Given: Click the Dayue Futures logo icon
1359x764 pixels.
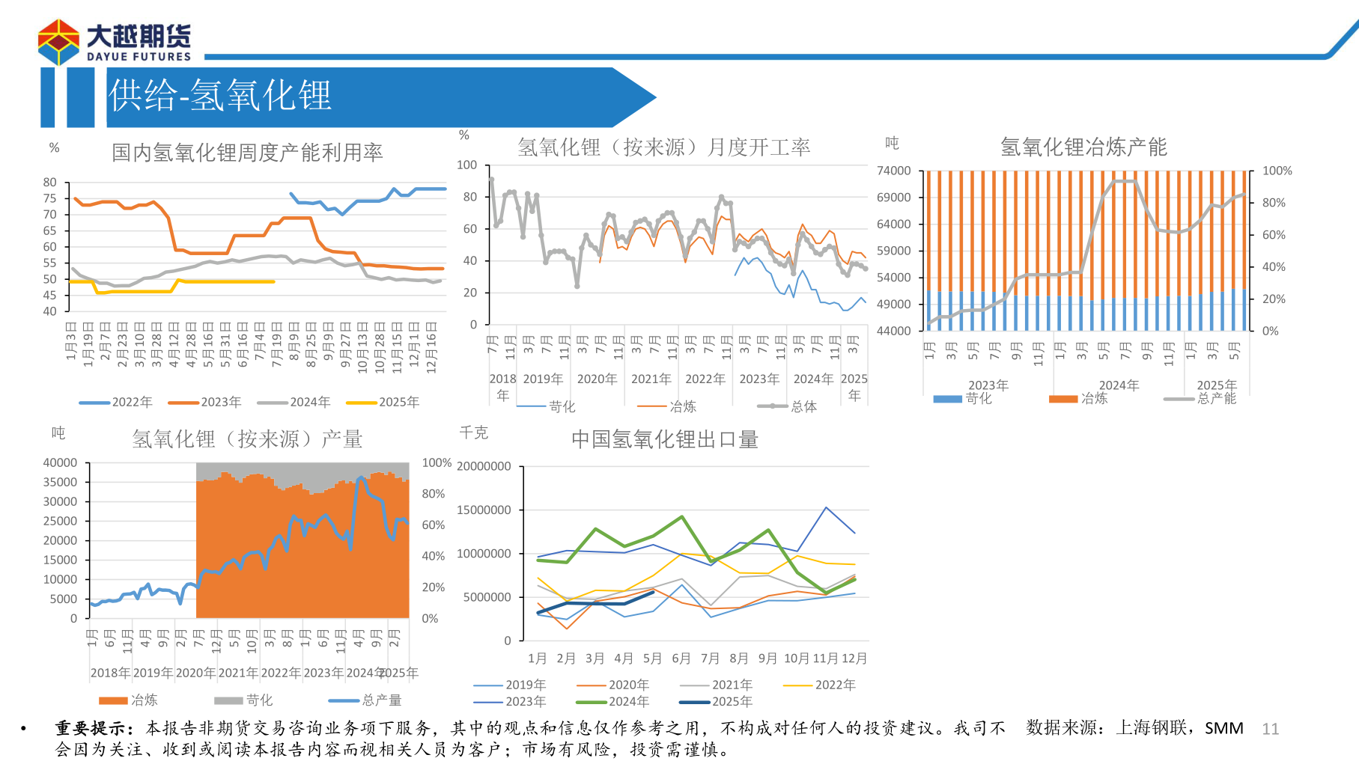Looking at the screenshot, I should pyautogui.click(x=58, y=42).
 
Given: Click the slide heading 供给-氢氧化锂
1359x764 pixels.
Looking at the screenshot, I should pyautogui.click(x=219, y=97).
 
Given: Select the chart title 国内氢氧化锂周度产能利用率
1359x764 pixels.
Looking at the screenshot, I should pyautogui.click(x=247, y=153).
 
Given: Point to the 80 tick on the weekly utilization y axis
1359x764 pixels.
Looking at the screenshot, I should pyautogui.click(x=50, y=183).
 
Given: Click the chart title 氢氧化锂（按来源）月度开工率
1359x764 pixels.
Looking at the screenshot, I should pyautogui.click(x=663, y=147).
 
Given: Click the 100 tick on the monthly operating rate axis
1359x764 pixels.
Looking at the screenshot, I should pyautogui.click(x=466, y=165).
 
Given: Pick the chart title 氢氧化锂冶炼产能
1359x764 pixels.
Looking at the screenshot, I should pyautogui.click(x=1083, y=147).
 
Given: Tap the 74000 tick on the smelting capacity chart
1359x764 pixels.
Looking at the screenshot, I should pyautogui.click(x=893, y=171).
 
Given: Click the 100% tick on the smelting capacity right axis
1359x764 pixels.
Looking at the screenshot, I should pyautogui.click(x=1277, y=171).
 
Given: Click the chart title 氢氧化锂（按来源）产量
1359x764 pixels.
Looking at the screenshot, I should pyautogui.click(x=247, y=439).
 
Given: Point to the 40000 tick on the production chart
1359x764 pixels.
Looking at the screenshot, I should pyautogui.click(x=60, y=463).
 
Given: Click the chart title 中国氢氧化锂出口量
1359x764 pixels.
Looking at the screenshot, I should pyautogui.click(x=664, y=439).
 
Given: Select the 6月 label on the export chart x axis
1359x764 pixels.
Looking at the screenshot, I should pyautogui.click(x=681, y=658).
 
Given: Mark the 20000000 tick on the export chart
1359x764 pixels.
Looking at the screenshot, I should pyautogui.click(x=484, y=467).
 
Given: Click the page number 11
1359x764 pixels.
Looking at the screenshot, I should pyautogui.click(x=1270, y=729).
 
